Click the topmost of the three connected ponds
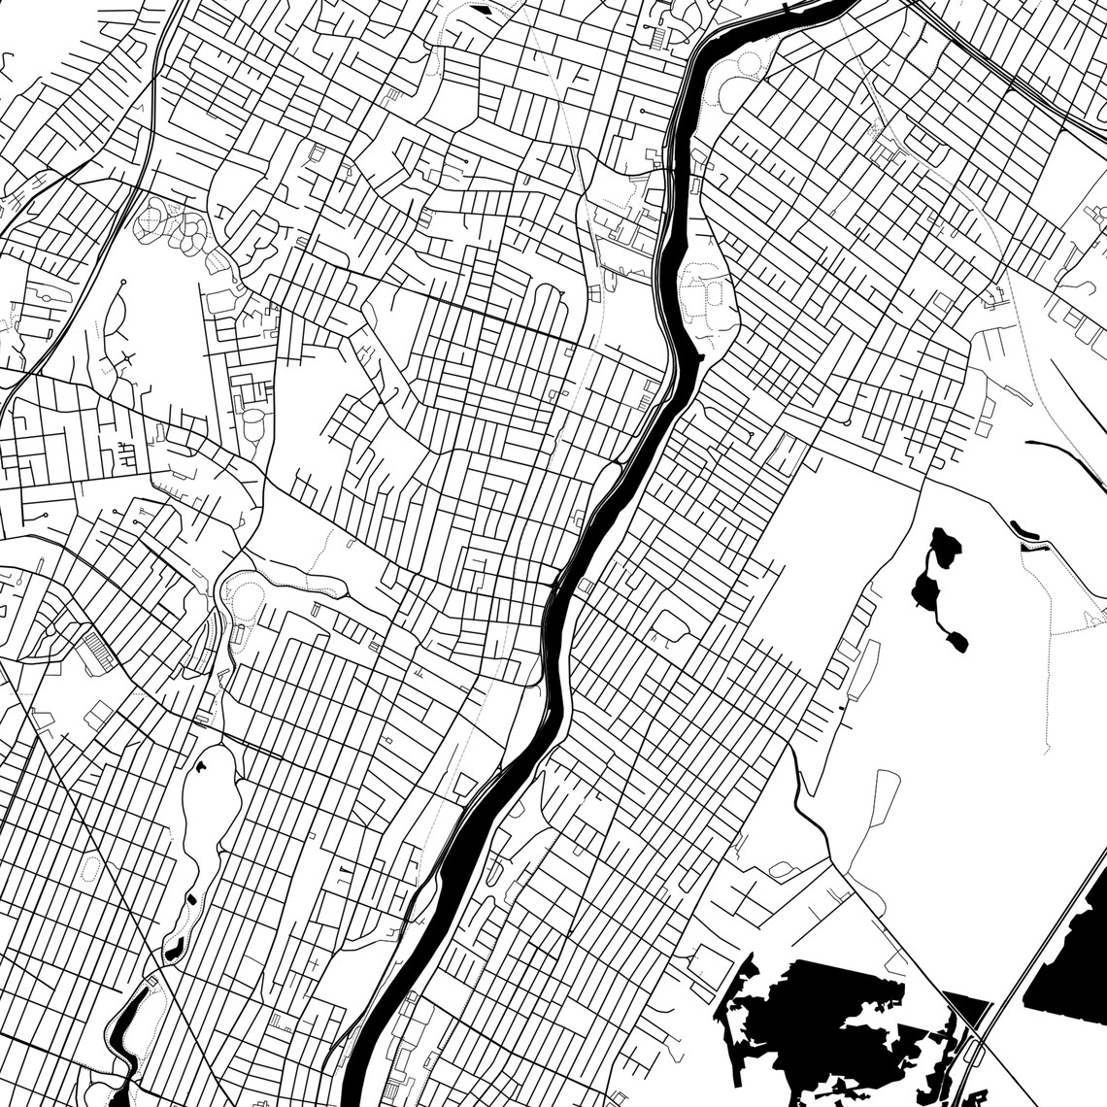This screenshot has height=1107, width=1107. coord(941,545)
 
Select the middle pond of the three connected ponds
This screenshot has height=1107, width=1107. coord(923,587)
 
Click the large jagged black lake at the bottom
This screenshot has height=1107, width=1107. coord(825,1010)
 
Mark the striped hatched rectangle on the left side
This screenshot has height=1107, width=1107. coord(96,649)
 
